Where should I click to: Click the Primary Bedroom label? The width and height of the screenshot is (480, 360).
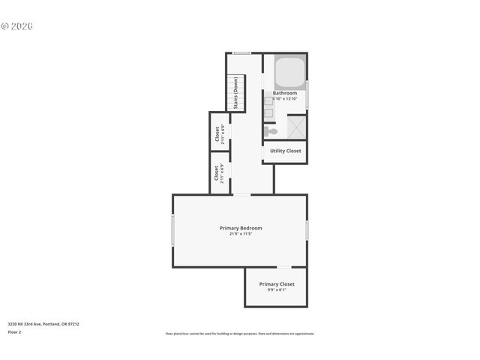pyautogui.click(x=241, y=228)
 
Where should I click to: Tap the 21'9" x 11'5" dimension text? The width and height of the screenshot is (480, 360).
pyautogui.click(x=241, y=234)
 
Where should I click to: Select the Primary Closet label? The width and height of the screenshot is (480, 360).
pyautogui.click(x=277, y=284)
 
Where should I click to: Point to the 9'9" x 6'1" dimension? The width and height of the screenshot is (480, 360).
pyautogui.click(x=277, y=290)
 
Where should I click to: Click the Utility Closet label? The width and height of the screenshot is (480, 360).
pyautogui.click(x=285, y=151)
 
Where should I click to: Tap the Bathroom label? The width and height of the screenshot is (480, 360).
pyautogui.click(x=285, y=93)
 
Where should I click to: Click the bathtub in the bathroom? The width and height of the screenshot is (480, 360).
pyautogui.click(x=289, y=73)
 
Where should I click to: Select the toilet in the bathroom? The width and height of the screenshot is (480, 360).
pyautogui.click(x=271, y=131)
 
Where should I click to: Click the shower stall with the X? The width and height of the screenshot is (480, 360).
pyautogui.click(x=295, y=127)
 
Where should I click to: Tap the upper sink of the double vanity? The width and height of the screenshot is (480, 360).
pyautogui.click(x=268, y=100)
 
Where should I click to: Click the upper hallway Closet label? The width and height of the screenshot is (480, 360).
pyautogui.click(x=217, y=133)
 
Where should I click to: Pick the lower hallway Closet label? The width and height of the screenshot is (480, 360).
pyautogui.click(x=217, y=173)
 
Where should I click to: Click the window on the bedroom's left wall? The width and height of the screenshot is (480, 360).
pyautogui.click(x=172, y=230)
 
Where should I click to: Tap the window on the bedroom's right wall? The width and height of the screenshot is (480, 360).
pyautogui.click(x=307, y=229)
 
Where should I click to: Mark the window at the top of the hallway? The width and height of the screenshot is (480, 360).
pyautogui.click(x=241, y=52)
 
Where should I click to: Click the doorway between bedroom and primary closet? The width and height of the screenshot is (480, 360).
pyautogui.click(x=284, y=267)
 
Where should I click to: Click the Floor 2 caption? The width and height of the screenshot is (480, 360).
pyautogui.click(x=14, y=331)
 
